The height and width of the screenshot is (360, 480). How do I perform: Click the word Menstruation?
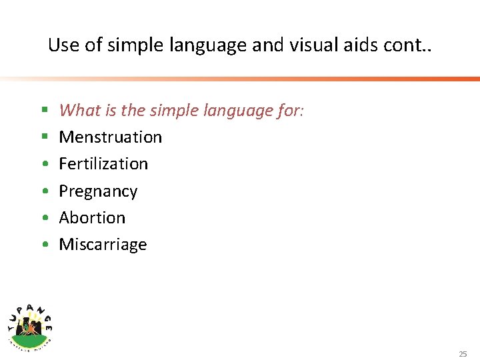coord(110,137)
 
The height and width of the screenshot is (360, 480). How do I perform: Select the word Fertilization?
coord(103,164)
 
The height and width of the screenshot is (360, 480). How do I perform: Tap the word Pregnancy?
coord(98,191)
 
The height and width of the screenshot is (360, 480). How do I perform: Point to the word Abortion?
coord(92,218)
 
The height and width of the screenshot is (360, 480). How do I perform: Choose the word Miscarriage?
coord(103,245)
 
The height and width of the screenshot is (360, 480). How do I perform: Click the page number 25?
coord(463,354)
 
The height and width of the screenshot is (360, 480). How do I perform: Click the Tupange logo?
coord(30,323)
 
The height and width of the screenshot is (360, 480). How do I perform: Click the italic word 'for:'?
coord(290,110)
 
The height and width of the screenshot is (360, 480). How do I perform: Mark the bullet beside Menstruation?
coord(43,137)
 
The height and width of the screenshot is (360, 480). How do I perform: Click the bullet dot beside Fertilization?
coord(43,165)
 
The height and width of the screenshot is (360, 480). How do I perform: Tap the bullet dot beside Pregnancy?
coord(43,191)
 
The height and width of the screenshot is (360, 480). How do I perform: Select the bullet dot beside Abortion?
coord(43,218)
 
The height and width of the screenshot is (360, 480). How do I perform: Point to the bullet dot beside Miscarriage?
coord(43,245)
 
